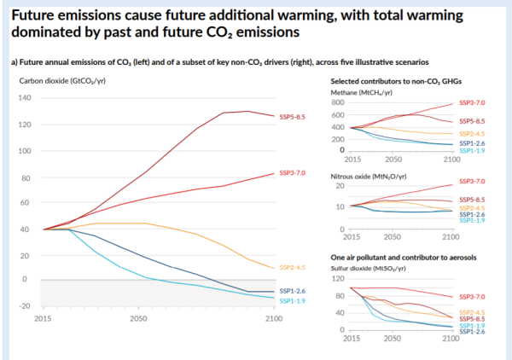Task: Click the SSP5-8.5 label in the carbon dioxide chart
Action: pos(292,117)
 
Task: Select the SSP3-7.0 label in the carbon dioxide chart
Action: pos(292,172)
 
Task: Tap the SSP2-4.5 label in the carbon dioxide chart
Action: pos(292,267)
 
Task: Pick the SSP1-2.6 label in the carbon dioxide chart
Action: pos(292,291)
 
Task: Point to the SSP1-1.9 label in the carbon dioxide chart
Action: pos(292,301)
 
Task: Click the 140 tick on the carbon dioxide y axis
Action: pos(25,97)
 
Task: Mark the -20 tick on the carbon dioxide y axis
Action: pos(25,305)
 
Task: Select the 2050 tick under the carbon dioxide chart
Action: pos(138,318)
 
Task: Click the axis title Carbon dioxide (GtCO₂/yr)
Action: pos(62,81)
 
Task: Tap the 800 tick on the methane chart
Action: pos(338,102)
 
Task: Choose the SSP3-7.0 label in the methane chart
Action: pos(472,102)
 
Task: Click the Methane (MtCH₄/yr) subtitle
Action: pos(362,93)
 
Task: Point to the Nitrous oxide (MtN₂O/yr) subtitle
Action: pos(369,177)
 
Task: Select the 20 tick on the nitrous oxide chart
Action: pos(340,186)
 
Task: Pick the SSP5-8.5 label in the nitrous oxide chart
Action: pos(472,200)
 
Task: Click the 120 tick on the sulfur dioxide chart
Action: pos(338,278)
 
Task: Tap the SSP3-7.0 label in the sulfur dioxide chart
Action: pos(472,297)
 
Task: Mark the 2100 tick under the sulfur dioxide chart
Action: pos(451,339)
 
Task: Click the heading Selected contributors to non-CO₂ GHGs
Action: pos(396,81)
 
